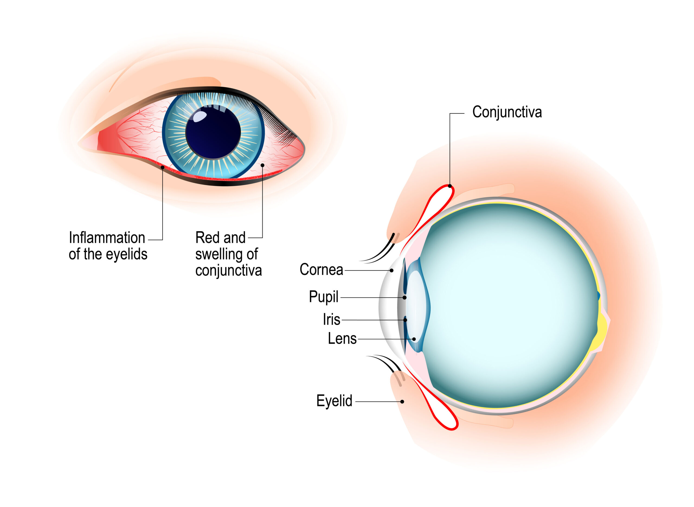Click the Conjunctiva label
coord(507,112)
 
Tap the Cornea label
coord(321,270)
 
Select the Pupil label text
coord(323,297)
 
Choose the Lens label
coord(342,339)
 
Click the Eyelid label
coord(334,401)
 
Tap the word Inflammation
coord(107,238)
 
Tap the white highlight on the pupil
coord(200,116)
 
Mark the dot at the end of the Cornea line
coord(391,270)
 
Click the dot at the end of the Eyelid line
coord(402,402)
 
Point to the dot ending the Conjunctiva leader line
coord(450,186)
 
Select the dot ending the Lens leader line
coord(414,339)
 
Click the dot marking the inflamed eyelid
coord(163,167)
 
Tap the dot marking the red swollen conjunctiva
coord(262,165)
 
